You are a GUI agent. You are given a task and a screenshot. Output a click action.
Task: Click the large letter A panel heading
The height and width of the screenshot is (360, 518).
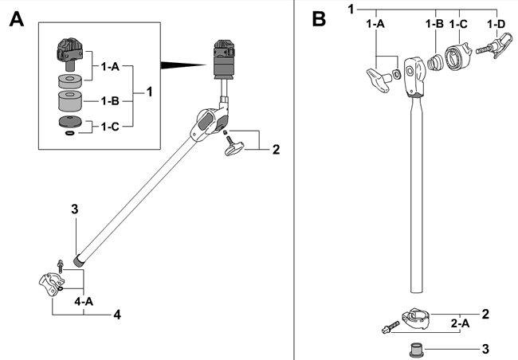(17, 19)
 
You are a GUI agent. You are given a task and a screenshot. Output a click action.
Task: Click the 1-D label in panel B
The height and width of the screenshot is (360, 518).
(496, 25)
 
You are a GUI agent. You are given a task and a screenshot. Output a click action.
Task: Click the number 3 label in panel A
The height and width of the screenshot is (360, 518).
(73, 209)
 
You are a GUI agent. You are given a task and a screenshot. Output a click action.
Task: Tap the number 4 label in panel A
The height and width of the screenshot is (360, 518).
(116, 315)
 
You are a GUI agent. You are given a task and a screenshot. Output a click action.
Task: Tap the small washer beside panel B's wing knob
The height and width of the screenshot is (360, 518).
(396, 76)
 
